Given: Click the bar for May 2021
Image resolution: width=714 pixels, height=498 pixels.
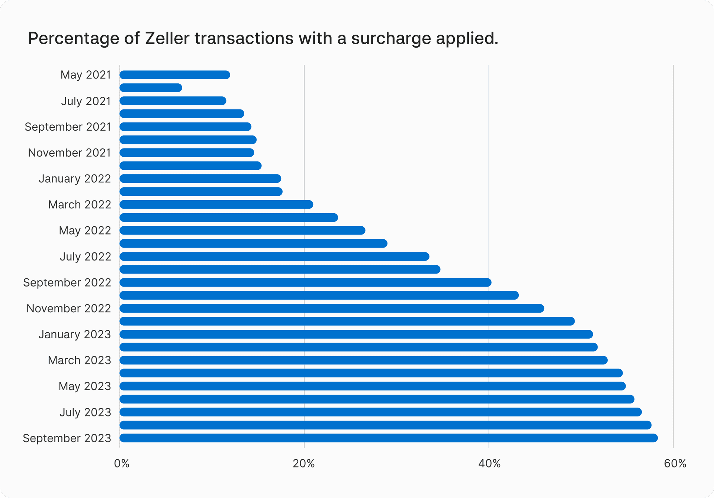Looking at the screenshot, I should [x=175, y=75].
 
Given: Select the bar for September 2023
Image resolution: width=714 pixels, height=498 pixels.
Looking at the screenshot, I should [x=388, y=438].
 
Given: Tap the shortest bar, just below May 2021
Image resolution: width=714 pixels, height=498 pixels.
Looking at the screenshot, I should [x=151, y=88].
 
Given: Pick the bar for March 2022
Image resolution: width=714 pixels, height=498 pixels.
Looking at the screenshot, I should [x=216, y=204].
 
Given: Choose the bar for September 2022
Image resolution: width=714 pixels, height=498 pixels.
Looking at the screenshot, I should [x=305, y=282].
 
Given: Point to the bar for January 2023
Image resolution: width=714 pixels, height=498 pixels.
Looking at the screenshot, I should [x=356, y=334].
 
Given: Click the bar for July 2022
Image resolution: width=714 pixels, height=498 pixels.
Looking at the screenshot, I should [x=274, y=256].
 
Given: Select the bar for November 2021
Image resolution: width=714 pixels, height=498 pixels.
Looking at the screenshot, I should [x=187, y=153].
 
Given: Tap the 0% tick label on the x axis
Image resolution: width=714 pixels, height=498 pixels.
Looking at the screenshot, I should [x=122, y=463].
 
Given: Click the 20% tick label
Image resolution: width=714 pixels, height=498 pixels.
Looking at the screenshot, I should [x=304, y=463].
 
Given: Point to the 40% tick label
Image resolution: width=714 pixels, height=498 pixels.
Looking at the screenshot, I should [x=489, y=463].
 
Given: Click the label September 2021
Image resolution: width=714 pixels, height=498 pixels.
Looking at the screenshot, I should [x=68, y=127].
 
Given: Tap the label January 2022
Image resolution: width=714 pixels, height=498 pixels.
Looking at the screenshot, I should [x=75, y=179].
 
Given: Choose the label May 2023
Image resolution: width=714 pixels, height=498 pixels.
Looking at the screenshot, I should [x=85, y=386].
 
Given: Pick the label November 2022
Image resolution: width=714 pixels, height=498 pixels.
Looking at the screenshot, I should [x=68, y=309].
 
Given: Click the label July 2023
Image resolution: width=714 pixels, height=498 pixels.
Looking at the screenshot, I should [x=85, y=412].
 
